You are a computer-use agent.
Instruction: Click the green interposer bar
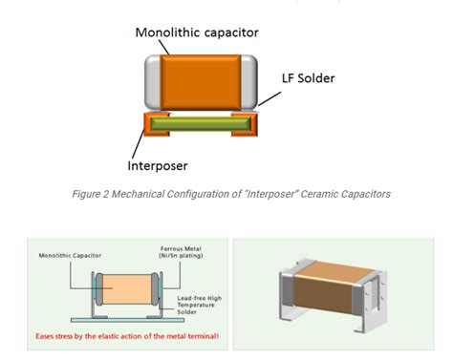[201, 125]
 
